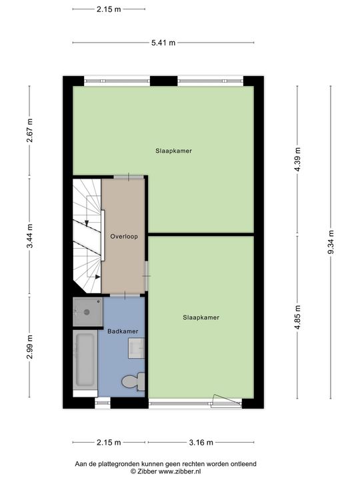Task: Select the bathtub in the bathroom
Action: [85, 360]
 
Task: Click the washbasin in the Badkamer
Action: [137, 347]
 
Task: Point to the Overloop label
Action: [123, 236]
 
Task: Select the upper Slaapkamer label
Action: [173, 151]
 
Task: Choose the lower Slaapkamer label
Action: [201, 317]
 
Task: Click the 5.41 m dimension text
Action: [163, 43]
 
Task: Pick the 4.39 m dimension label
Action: [297, 158]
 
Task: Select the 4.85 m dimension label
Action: [297, 317]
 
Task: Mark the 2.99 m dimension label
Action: [29, 347]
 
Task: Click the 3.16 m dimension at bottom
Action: [201, 442]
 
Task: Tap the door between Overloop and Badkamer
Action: [123, 294]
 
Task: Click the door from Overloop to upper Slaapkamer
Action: [127, 176]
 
